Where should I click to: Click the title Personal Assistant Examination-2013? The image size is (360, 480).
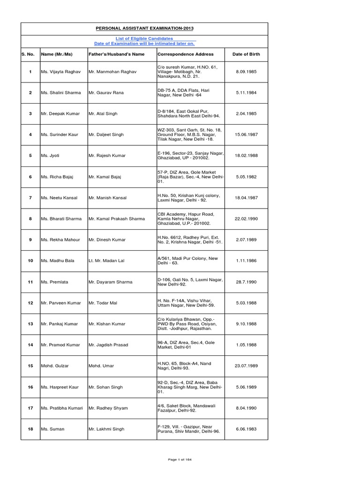click(x=144, y=29)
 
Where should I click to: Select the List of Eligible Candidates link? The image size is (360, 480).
click(x=144, y=38)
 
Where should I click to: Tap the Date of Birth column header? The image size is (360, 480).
click(x=246, y=54)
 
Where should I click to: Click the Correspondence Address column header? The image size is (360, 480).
click(x=186, y=54)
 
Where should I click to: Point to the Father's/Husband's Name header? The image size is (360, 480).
click(x=116, y=54)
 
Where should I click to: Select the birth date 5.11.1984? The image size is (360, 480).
click(x=246, y=93)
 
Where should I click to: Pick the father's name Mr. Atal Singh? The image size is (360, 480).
click(x=103, y=114)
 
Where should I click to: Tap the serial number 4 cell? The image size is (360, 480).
click(x=30, y=135)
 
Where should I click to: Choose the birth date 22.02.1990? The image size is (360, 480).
click(x=246, y=219)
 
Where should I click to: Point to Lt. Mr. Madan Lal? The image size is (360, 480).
click(x=106, y=261)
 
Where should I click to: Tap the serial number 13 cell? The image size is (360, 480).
click(x=30, y=324)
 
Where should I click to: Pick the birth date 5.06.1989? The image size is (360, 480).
click(x=246, y=387)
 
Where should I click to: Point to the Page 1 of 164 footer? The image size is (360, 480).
click(x=179, y=459)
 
